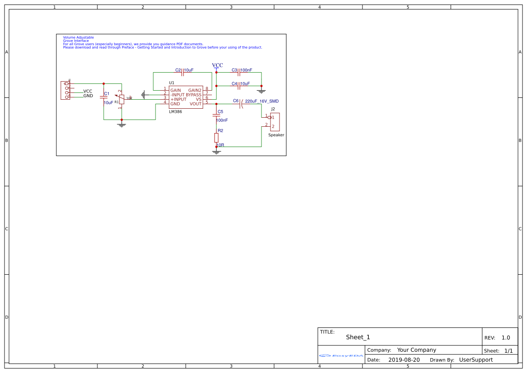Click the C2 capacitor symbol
point(182,72)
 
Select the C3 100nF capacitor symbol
point(239,72)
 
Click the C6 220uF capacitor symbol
point(242,104)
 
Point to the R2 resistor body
point(216,138)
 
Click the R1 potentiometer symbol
point(121,99)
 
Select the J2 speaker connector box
point(275,122)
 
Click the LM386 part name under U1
point(175,111)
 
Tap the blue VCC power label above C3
point(217,65)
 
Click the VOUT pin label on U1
point(196,104)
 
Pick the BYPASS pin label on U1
point(194,95)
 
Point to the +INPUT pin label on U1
point(179,99)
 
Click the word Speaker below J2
point(276,135)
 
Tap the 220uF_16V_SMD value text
point(262,101)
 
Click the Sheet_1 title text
point(358,337)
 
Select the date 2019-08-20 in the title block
point(404,360)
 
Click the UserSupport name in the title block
point(476,360)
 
